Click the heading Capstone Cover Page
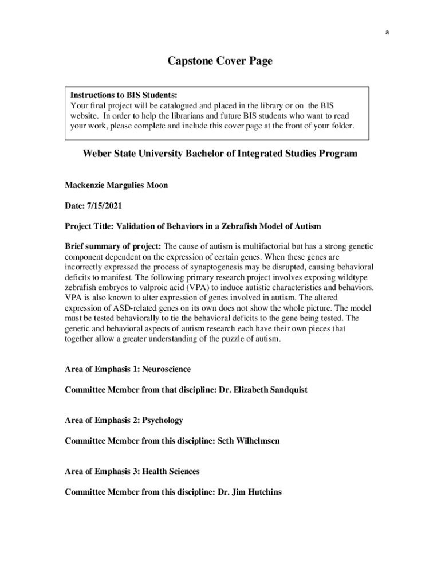220,61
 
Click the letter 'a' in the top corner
387,33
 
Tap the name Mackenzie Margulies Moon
116,186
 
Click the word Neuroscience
166,369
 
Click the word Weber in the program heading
97,154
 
